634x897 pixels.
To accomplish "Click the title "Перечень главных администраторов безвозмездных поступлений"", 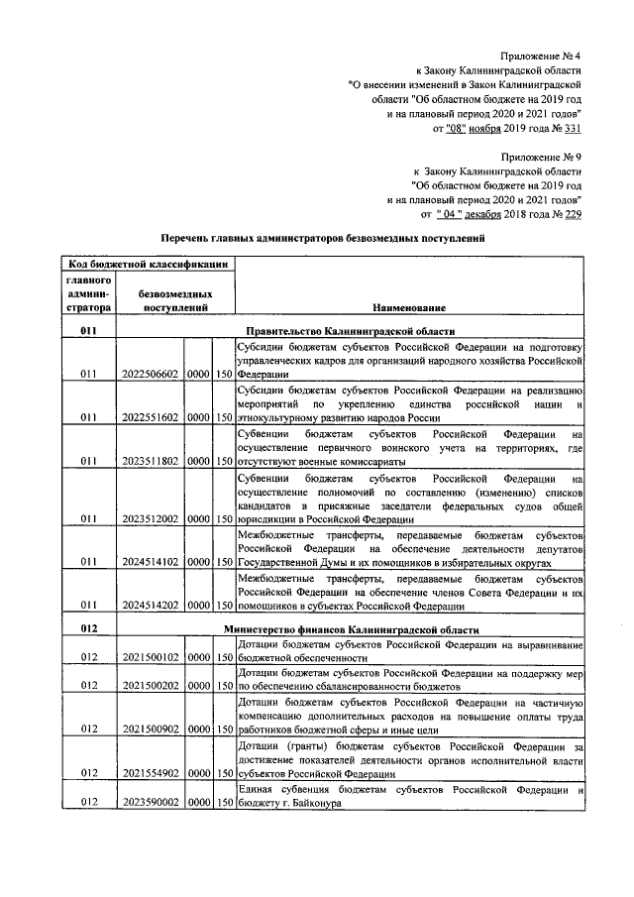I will [x=324, y=239].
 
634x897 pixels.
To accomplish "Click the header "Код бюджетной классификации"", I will [x=149, y=264].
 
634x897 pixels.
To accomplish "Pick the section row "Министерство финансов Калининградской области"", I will [x=351, y=629].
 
